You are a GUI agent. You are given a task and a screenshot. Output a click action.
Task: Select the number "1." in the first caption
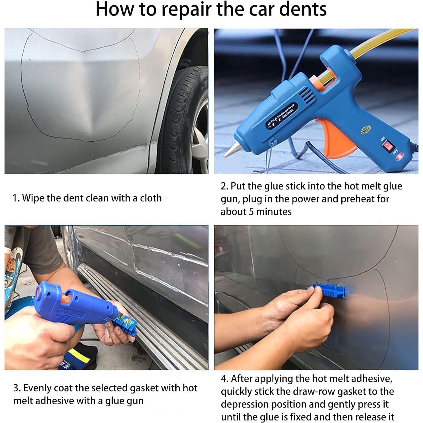tap(16, 198)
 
